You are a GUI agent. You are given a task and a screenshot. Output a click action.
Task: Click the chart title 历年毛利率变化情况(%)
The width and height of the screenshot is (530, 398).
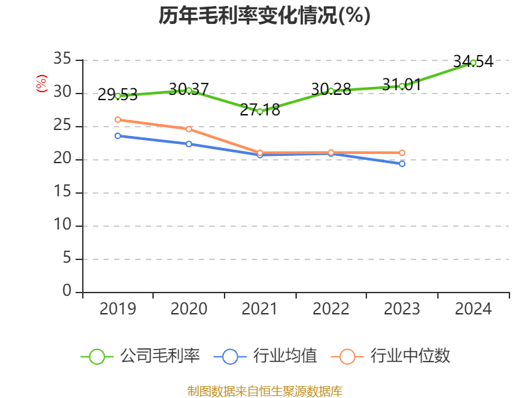(264, 16)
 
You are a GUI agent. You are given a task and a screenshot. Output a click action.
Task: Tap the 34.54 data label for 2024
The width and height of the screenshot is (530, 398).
(473, 62)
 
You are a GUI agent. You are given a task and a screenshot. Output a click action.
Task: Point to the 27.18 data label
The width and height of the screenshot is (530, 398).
(260, 110)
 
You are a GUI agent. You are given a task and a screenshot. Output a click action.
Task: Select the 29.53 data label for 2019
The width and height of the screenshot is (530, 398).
(117, 95)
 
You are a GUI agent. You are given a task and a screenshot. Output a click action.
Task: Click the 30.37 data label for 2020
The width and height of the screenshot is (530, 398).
(189, 89)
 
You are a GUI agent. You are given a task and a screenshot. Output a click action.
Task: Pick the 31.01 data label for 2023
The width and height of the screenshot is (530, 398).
(401, 85)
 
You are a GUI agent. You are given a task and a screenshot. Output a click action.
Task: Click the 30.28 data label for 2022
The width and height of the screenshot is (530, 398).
(331, 89)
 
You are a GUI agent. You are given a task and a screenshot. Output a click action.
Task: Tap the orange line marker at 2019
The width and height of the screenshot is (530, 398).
(118, 119)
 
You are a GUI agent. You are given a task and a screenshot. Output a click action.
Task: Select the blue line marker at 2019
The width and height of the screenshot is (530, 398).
(118, 135)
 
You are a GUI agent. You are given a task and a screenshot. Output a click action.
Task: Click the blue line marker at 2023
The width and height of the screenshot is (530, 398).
(402, 163)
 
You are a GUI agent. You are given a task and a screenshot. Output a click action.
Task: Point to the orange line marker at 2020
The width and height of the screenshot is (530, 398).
(189, 129)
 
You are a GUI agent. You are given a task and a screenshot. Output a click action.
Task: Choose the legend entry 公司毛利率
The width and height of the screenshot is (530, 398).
(140, 356)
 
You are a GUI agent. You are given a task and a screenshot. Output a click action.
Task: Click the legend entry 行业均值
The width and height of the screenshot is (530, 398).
(266, 356)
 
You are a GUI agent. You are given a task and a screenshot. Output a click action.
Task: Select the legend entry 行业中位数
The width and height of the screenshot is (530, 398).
(395, 356)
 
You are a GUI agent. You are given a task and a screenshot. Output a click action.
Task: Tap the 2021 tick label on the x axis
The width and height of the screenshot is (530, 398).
(260, 309)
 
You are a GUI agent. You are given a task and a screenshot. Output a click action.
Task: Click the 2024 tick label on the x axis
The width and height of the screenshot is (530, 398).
(473, 309)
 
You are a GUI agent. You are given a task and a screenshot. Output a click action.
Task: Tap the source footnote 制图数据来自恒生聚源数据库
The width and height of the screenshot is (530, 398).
(264, 391)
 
